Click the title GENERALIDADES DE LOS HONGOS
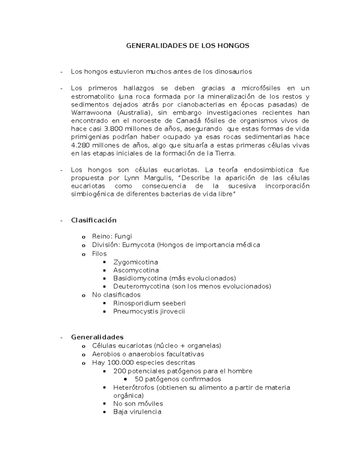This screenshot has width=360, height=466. (x=187, y=46)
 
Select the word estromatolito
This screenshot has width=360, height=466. (x=92, y=97)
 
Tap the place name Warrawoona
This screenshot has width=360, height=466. (x=91, y=113)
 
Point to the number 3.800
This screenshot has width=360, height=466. (x=113, y=129)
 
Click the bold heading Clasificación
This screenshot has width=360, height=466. (x=94, y=220)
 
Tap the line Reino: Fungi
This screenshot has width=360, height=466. (x=112, y=236)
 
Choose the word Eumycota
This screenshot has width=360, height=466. (x=138, y=245)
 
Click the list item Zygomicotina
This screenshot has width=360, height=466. (x=136, y=262)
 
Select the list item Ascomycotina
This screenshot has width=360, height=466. (x=136, y=270)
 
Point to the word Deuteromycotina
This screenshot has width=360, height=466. (x=141, y=286)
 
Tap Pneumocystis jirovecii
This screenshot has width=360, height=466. (x=149, y=311)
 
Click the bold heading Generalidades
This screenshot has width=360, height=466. (x=97, y=337)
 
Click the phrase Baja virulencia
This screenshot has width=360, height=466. (x=137, y=412)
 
